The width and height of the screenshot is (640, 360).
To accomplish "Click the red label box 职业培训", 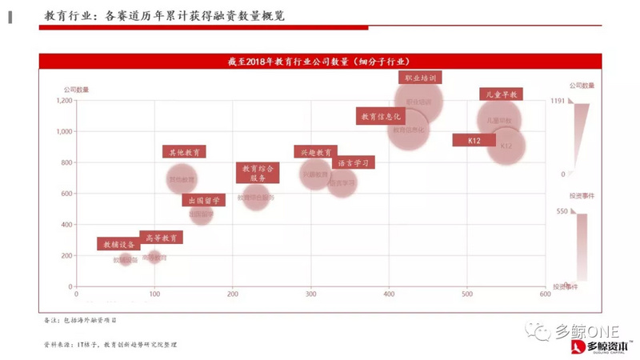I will pyautogui.click(x=420, y=78).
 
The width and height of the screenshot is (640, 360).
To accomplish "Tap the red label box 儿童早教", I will pyautogui.click(x=501, y=94).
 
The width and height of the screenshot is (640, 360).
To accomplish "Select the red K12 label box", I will pyautogui.click(x=471, y=140).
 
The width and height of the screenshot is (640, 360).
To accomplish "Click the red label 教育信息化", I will pyautogui.click(x=380, y=117).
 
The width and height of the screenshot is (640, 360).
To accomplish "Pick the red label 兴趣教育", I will pyautogui.click(x=315, y=152).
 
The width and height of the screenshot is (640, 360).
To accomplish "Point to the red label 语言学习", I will pyautogui.click(x=352, y=162).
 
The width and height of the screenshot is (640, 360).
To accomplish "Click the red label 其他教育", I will pyautogui.click(x=185, y=151).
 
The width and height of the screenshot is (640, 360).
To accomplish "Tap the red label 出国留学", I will pyautogui.click(x=205, y=200).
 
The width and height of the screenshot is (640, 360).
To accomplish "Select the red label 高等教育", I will pyautogui.click(x=161, y=238).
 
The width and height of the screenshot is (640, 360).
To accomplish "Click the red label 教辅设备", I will pyautogui.click(x=117, y=244).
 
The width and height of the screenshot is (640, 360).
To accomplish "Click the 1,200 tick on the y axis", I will pyautogui.click(x=62, y=101).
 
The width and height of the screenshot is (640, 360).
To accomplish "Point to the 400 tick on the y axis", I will pyautogui.click(x=66, y=225).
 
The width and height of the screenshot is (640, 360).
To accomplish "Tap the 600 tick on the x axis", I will pyautogui.click(x=545, y=294).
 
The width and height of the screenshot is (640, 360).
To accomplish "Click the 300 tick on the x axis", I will pyautogui.click(x=310, y=294).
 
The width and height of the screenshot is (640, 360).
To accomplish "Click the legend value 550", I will pyautogui.click(x=561, y=211).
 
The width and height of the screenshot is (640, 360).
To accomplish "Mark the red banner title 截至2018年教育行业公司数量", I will pyautogui.click(x=319, y=61).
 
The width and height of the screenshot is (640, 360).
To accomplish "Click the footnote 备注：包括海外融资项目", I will pyautogui.click(x=81, y=320).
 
